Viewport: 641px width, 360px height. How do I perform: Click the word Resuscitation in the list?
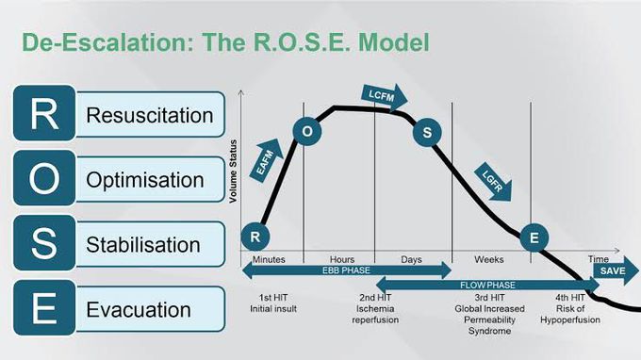(150, 116)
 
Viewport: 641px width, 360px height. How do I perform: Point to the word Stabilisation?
(143, 245)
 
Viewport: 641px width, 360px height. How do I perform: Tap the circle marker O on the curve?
(307, 132)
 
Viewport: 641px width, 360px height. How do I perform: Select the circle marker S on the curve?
(426, 132)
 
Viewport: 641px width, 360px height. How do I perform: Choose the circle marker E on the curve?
(534, 237)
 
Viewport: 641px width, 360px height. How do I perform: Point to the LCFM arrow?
(383, 95)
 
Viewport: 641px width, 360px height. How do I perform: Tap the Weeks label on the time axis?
(489, 258)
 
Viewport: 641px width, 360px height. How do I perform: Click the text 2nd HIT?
(374, 298)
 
